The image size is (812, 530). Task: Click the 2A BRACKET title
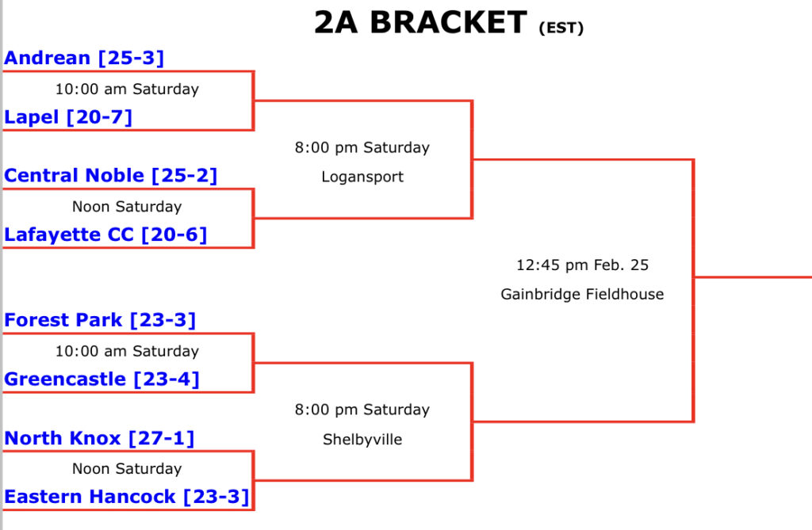coord(419,23)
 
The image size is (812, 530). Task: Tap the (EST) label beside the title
coord(561,29)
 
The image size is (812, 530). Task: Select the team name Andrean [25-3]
coord(84,58)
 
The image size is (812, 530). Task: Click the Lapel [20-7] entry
coord(68,117)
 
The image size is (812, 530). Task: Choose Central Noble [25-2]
coord(110,175)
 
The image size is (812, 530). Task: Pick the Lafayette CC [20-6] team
coord(105,234)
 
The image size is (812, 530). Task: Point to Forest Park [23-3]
coord(100,320)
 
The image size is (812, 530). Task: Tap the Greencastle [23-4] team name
coord(101,379)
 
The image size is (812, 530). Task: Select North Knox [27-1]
coord(99,438)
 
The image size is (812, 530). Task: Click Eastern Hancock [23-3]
coord(127,497)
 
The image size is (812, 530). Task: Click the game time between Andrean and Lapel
coord(127,89)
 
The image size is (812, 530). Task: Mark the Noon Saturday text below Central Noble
coord(127,207)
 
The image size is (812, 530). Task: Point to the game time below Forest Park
coord(127,351)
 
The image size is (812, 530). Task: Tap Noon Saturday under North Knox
coord(127,468)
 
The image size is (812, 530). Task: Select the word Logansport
coord(362,177)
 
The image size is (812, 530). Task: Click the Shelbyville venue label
coord(362,439)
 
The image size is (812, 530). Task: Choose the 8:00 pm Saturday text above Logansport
coord(362,147)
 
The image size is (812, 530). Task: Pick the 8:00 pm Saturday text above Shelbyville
coord(362,410)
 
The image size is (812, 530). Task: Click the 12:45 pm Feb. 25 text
coord(582,265)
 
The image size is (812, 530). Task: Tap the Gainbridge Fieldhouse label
coord(582,294)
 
